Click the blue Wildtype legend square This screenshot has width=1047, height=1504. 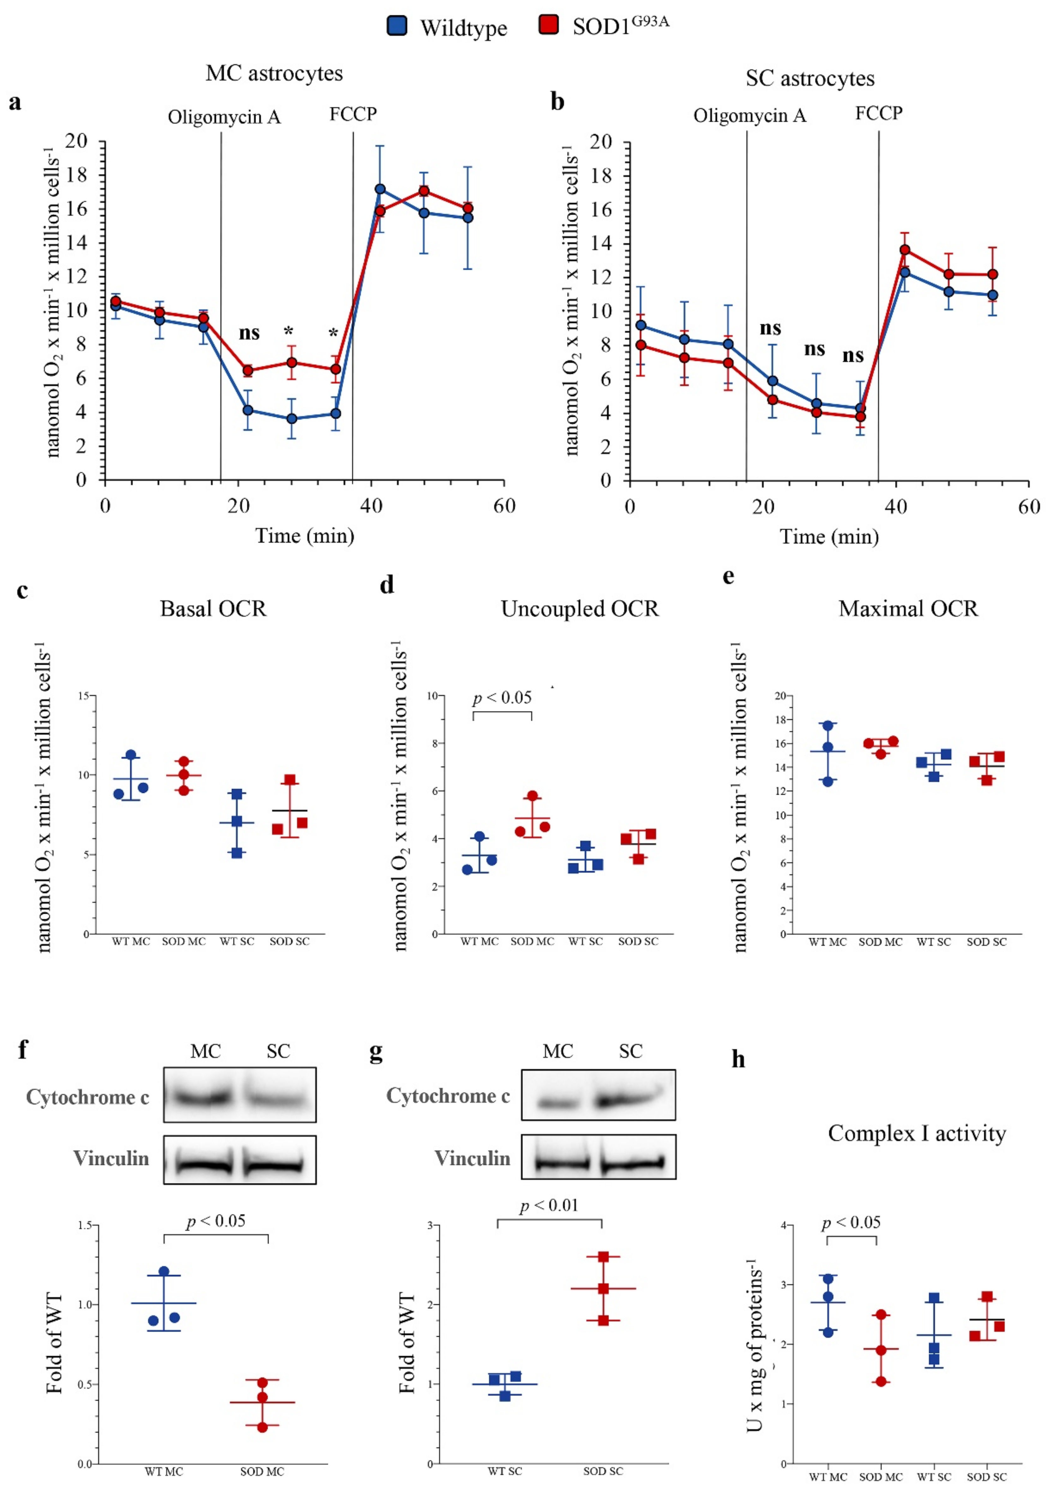click(397, 26)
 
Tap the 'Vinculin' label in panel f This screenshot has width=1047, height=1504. click(111, 1159)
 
